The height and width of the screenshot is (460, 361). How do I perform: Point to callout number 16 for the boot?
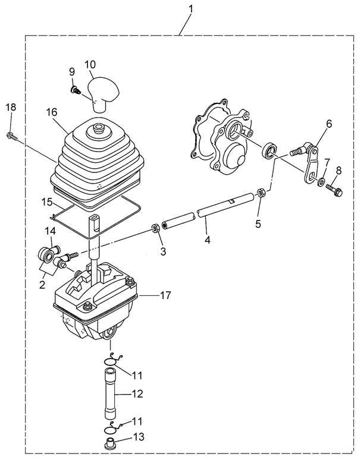[x=51, y=111]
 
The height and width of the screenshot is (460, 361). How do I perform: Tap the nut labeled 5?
[x=260, y=193]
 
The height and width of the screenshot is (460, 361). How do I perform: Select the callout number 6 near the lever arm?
[x=329, y=124]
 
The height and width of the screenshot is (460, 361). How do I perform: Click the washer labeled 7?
[x=322, y=182]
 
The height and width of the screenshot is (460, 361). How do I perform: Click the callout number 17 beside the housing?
[x=167, y=295]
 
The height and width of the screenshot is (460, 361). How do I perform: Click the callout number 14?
[x=51, y=230]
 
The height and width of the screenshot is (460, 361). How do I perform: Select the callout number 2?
[x=42, y=285]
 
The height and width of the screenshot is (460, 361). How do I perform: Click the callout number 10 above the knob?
[x=90, y=64]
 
